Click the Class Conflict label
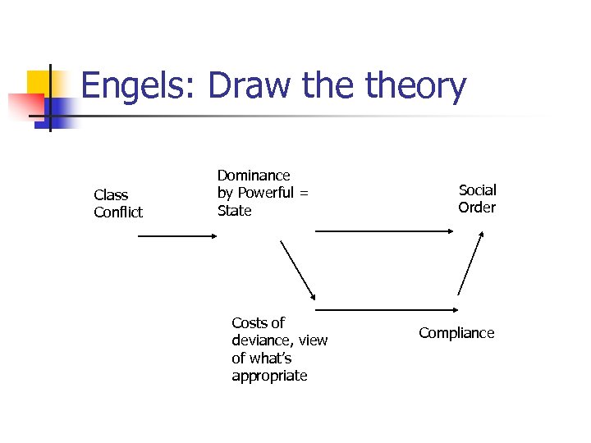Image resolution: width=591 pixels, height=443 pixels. [x=118, y=203]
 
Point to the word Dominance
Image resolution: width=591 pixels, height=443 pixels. [x=254, y=176]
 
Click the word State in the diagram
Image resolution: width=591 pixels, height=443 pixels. [x=234, y=211]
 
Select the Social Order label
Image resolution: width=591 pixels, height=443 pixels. [x=477, y=199]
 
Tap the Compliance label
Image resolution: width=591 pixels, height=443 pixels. [x=456, y=333]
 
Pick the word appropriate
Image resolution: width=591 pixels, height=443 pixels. [x=269, y=376]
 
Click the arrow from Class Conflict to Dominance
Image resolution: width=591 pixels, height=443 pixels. [x=176, y=236]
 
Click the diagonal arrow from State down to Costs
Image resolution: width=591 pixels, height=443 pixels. [x=298, y=270]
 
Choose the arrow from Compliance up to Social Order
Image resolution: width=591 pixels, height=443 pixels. [x=470, y=263]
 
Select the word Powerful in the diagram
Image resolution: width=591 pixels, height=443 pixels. [x=263, y=193]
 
